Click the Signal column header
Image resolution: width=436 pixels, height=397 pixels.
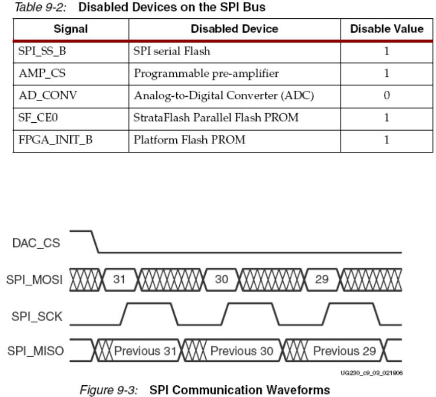pyautogui.click(x=70, y=29)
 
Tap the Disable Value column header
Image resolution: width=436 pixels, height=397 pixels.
pyautogui.click(x=387, y=29)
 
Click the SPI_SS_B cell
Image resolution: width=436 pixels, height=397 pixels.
pyautogui.click(x=35, y=52)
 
